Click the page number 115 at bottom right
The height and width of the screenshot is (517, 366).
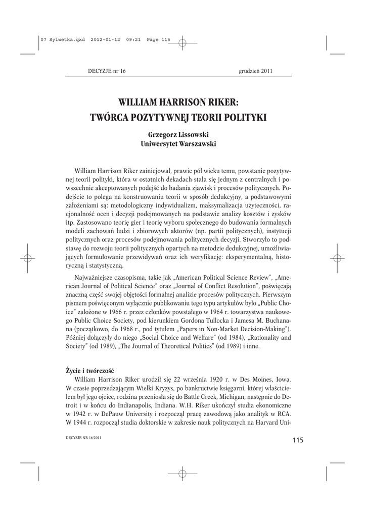tap(297, 440)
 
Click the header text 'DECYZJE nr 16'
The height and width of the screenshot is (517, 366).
tap(107, 71)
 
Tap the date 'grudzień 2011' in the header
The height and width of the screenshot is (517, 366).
tap(255, 71)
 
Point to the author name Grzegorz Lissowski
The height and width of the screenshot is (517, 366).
tap(178, 135)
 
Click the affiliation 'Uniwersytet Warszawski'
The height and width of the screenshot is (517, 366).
tap(178, 144)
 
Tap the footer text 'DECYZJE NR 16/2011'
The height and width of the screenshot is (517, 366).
tap(84, 437)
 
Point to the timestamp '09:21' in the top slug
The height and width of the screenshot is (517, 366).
tap(134, 42)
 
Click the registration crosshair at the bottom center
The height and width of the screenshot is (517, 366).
tap(182, 474)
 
